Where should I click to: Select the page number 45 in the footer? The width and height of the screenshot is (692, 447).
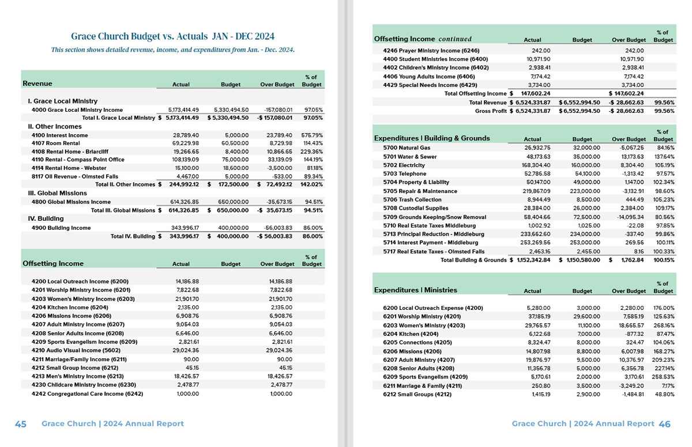[x=21, y=424]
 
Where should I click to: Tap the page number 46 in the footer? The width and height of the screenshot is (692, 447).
[x=664, y=424]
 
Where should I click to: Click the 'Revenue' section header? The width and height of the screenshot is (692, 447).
[x=37, y=84]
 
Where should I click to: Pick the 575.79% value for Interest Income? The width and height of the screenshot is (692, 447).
[x=311, y=135]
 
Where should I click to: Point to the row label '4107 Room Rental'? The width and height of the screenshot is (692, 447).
[x=55, y=143]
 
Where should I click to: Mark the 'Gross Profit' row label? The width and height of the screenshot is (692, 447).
[x=490, y=111]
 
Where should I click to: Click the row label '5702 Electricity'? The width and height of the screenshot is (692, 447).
[x=404, y=165]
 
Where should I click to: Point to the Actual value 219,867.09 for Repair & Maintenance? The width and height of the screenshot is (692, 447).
[x=535, y=191]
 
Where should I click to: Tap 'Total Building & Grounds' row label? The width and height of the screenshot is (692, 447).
[x=473, y=260]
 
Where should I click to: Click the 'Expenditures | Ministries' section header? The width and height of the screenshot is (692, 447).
[x=416, y=290]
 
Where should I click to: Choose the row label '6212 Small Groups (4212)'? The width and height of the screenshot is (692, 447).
[x=418, y=395]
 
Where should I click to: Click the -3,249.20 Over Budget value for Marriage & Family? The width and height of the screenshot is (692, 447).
[x=630, y=386]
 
